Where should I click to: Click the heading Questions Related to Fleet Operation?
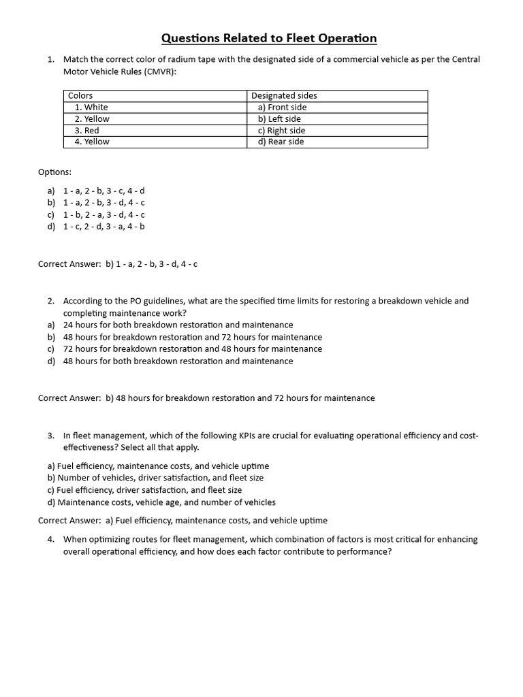point(268,38)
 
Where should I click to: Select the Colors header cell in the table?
point(80,96)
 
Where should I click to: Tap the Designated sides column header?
point(284,96)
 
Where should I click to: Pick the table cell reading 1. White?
point(91,108)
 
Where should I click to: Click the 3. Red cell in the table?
point(86,131)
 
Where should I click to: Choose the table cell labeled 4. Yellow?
point(92,142)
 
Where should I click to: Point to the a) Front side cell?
point(282,108)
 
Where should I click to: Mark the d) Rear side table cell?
point(281,142)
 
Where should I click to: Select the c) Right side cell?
point(281,131)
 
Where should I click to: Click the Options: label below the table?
point(54,172)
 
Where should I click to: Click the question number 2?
point(51,301)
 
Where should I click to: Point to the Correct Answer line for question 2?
point(206,398)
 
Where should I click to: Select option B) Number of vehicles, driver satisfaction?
point(155,478)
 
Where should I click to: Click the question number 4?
point(51,540)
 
